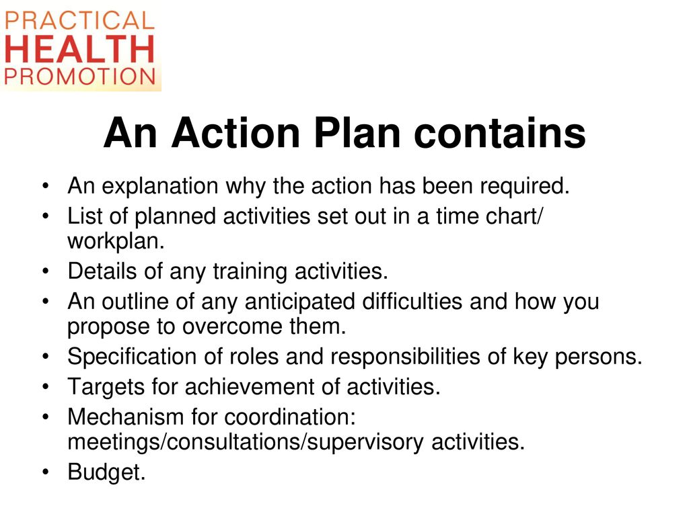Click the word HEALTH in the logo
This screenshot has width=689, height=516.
click(x=79, y=48)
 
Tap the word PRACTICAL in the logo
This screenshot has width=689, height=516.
click(x=79, y=21)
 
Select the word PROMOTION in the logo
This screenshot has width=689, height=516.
click(x=79, y=76)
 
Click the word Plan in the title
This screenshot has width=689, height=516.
click(x=357, y=133)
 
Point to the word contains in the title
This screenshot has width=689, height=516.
click(x=500, y=133)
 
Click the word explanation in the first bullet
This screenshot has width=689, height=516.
click(x=160, y=187)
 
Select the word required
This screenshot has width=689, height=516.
click(x=525, y=187)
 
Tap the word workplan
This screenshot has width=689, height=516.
click(x=116, y=242)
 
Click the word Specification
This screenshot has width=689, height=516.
click(x=132, y=357)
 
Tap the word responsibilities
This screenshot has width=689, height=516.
click(x=405, y=357)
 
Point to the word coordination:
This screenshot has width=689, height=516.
click(x=290, y=417)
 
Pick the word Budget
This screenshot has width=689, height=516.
click(x=106, y=472)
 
